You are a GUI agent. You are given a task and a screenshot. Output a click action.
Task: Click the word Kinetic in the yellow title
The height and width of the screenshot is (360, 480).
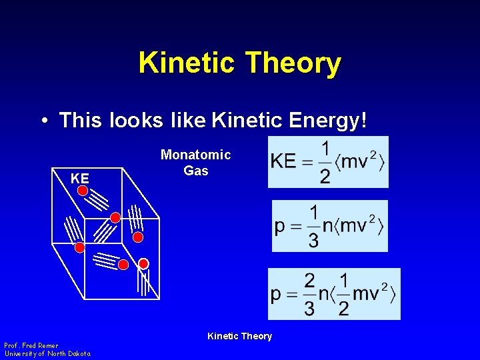pyautogui.click(x=187, y=63)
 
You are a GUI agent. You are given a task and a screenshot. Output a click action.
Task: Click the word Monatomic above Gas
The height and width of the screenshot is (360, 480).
pyautogui.click(x=195, y=155)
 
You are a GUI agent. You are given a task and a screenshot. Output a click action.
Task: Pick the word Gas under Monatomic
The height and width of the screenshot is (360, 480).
pyautogui.click(x=195, y=171)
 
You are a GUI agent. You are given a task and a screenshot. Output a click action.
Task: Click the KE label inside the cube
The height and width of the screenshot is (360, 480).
pyautogui.click(x=80, y=179)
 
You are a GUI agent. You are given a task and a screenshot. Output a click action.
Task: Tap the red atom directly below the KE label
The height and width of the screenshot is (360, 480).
pyautogui.click(x=82, y=191)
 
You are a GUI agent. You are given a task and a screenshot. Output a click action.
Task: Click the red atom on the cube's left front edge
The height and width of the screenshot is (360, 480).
pyautogui.click(x=79, y=248)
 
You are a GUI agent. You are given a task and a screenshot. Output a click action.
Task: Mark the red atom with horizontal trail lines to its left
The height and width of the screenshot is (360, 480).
pyautogui.click(x=123, y=265)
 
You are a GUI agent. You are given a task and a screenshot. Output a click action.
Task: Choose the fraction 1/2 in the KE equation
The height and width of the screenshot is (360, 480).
pyautogui.click(x=325, y=162)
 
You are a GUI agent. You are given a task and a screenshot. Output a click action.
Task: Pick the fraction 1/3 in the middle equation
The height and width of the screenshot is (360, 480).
pyautogui.click(x=313, y=227)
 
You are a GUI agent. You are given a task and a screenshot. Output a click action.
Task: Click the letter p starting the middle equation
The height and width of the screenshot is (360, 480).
pyautogui.click(x=280, y=227)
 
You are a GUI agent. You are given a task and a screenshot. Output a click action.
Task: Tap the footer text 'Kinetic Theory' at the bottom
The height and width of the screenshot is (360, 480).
pyautogui.click(x=239, y=336)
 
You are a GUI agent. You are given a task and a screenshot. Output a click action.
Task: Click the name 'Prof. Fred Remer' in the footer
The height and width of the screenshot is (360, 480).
pyautogui.click(x=31, y=345)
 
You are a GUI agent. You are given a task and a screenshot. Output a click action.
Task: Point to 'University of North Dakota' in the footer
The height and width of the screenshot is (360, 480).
pyautogui.click(x=48, y=353)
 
